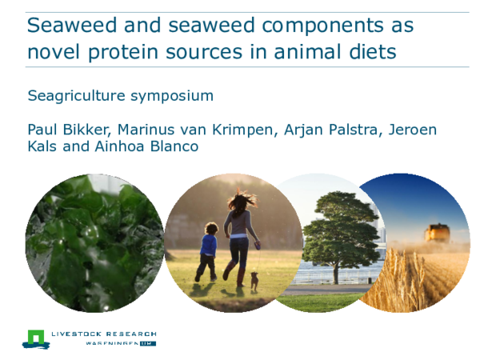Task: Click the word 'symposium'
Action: [176, 97]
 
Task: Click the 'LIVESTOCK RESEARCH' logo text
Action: [103, 334]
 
